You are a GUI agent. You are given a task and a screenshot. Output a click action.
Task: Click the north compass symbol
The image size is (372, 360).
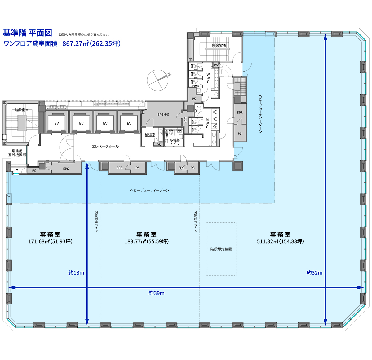(x=158, y=80)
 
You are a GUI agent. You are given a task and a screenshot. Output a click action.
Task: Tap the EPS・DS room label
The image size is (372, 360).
(x=163, y=115)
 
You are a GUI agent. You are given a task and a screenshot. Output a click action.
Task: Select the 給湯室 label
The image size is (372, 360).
(x=150, y=135)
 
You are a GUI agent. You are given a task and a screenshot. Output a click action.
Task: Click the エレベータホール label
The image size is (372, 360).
(x=105, y=146)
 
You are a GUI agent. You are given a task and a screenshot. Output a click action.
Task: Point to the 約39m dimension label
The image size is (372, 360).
(x=156, y=293)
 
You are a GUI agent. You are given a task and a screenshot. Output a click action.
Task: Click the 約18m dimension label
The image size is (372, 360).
(x=76, y=272)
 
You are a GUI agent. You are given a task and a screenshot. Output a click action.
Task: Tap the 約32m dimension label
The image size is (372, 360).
(x=314, y=272)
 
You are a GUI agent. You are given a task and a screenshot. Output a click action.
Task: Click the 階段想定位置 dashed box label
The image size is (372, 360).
(x=221, y=249)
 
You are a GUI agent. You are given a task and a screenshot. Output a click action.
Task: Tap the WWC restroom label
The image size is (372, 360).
(x=208, y=78)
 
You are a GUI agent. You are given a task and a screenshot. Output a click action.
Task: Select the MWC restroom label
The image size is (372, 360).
(x=207, y=124)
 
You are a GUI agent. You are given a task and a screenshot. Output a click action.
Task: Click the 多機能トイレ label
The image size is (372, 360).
(x=175, y=142)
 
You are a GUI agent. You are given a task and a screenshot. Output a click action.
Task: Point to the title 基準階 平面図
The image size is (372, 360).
(x=27, y=33)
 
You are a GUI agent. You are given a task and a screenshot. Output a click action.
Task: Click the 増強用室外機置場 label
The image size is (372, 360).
(x=17, y=153)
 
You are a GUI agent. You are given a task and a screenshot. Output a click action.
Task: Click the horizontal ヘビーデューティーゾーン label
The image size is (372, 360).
(x=149, y=190)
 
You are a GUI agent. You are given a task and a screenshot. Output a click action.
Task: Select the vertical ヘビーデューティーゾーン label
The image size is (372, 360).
(x=260, y=114)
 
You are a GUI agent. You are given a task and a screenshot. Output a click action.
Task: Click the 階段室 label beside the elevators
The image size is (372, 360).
(x=21, y=110)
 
